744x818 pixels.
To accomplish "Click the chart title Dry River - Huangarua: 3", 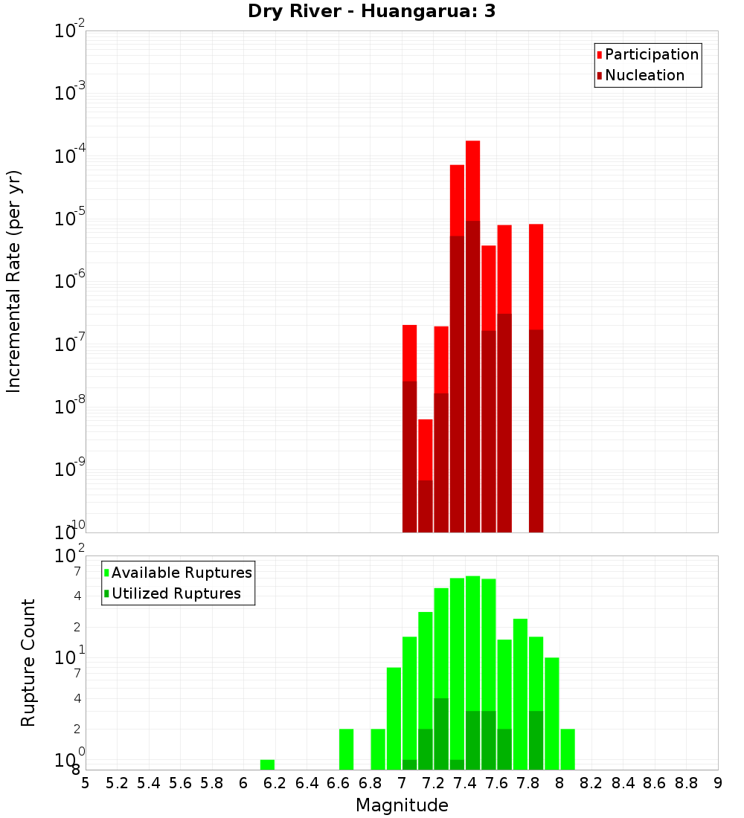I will point(371,11).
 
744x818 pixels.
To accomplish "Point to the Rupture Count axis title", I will point(28,663).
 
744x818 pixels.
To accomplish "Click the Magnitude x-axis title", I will point(402,805).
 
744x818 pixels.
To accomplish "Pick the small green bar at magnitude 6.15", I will point(267,764).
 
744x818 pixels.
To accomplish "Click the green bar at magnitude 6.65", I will point(346,749).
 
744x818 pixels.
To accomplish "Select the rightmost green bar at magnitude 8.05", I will point(568,749).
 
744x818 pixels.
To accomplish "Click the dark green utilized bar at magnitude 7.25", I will point(441,733).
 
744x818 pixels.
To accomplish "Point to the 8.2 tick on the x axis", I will point(591,783).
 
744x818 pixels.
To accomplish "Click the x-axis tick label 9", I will point(718,783).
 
